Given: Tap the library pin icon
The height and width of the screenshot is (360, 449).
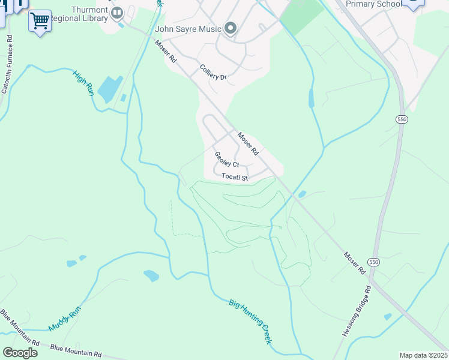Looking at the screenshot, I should point(118,12).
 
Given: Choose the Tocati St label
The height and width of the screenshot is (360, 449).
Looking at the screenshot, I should point(235,178).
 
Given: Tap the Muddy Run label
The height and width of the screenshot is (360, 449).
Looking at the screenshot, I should point(64,319).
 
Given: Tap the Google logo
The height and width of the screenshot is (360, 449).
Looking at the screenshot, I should point(20,352).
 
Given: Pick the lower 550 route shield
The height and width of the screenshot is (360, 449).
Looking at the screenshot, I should point(373,262).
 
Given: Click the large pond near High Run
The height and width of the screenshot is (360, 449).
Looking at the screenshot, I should point(110,89).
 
